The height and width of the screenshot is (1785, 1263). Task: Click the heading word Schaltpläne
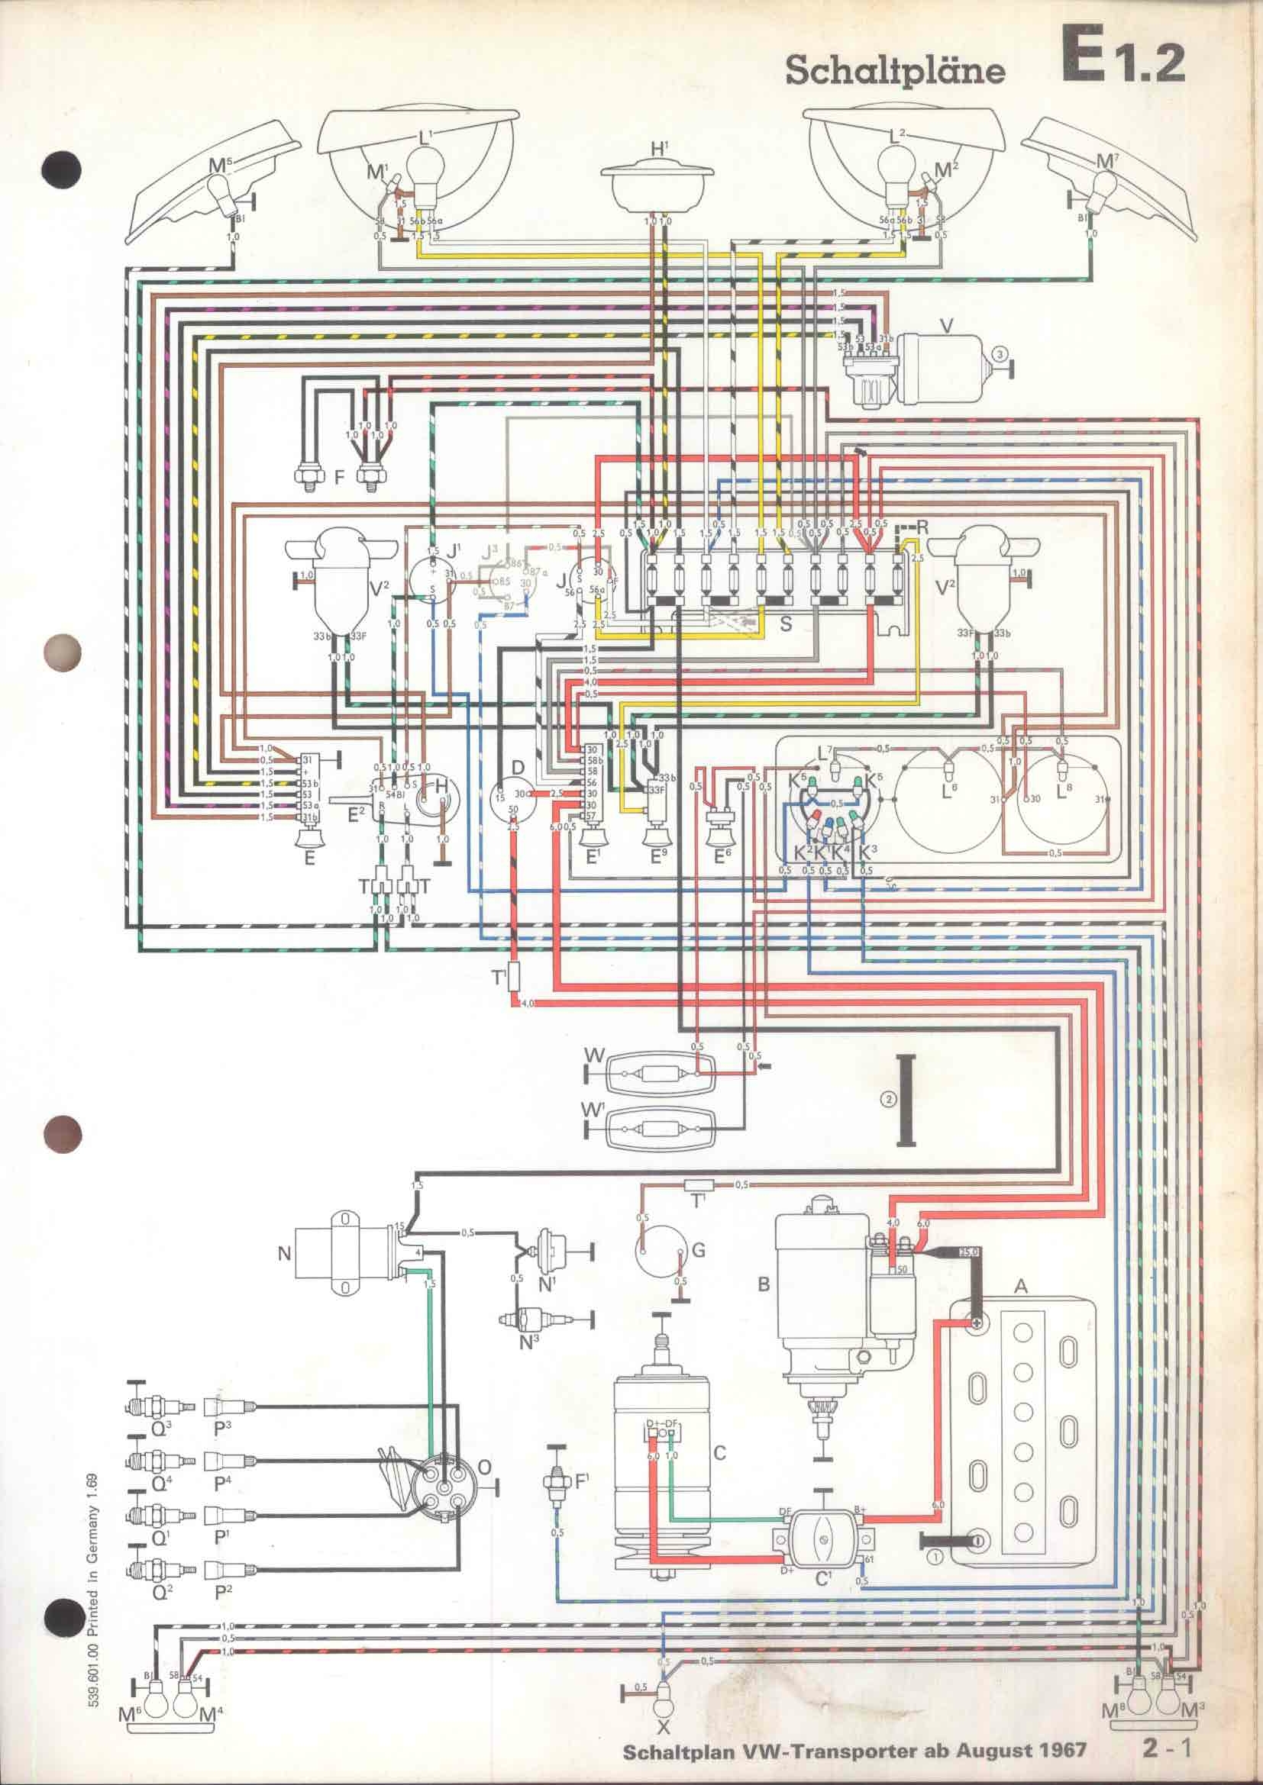tap(895, 71)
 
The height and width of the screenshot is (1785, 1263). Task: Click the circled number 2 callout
tap(888, 1098)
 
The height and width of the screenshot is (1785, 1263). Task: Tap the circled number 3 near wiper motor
tap(1002, 354)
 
